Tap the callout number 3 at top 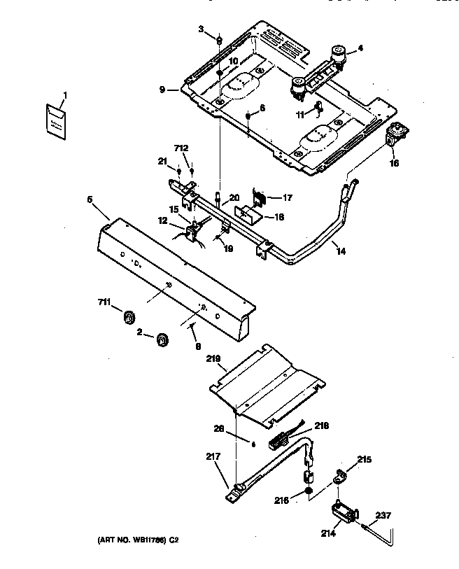[200, 29]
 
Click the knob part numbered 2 [162, 339]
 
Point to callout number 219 [213, 360]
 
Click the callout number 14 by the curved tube [340, 250]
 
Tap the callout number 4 [361, 48]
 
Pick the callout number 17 [286, 197]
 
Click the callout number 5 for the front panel [90, 199]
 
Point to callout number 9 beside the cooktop [162, 90]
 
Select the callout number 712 [181, 148]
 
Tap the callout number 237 [383, 515]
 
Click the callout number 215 [365, 460]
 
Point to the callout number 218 [320, 425]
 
